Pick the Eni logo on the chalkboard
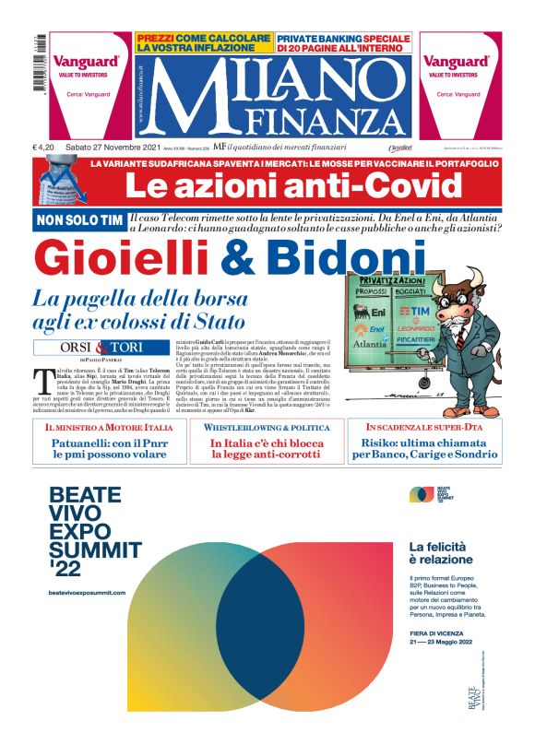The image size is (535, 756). click(373, 313)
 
